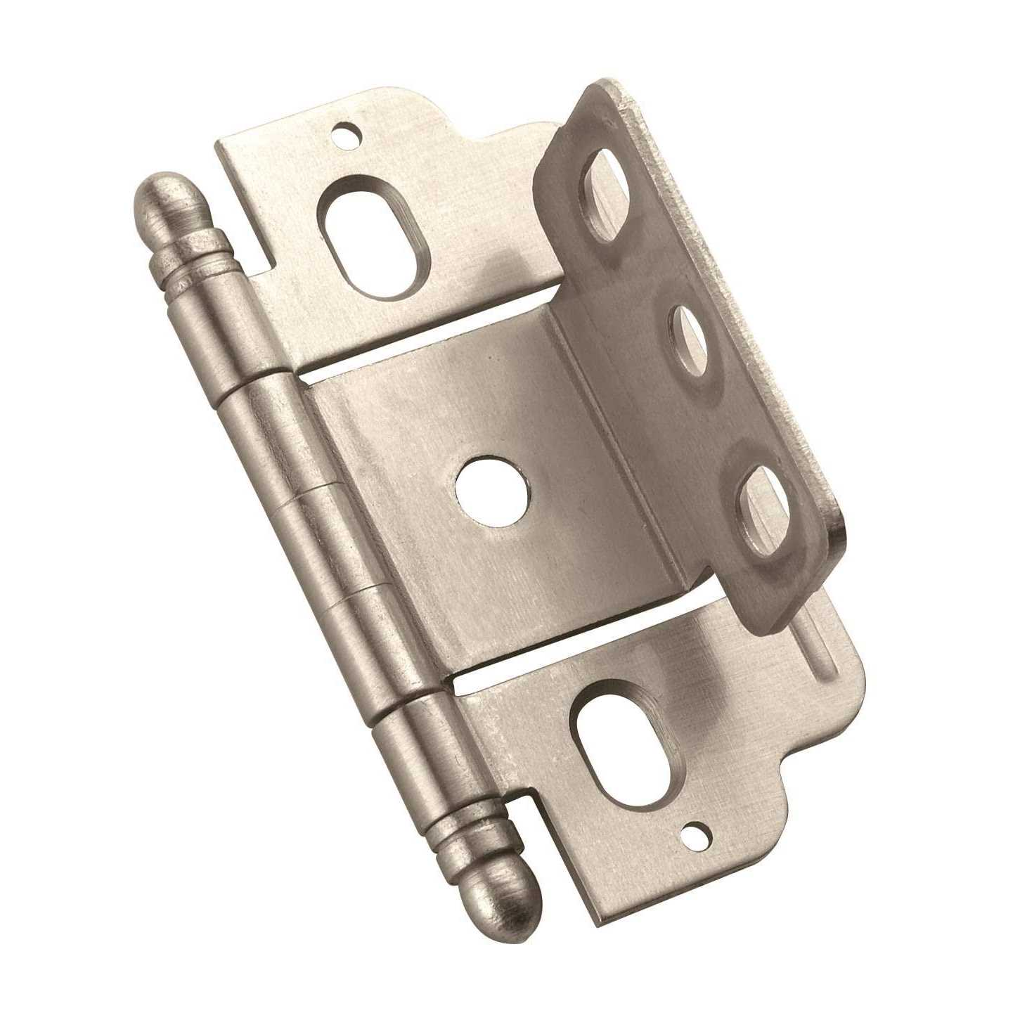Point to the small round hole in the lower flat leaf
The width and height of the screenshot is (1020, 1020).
(697, 834)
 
